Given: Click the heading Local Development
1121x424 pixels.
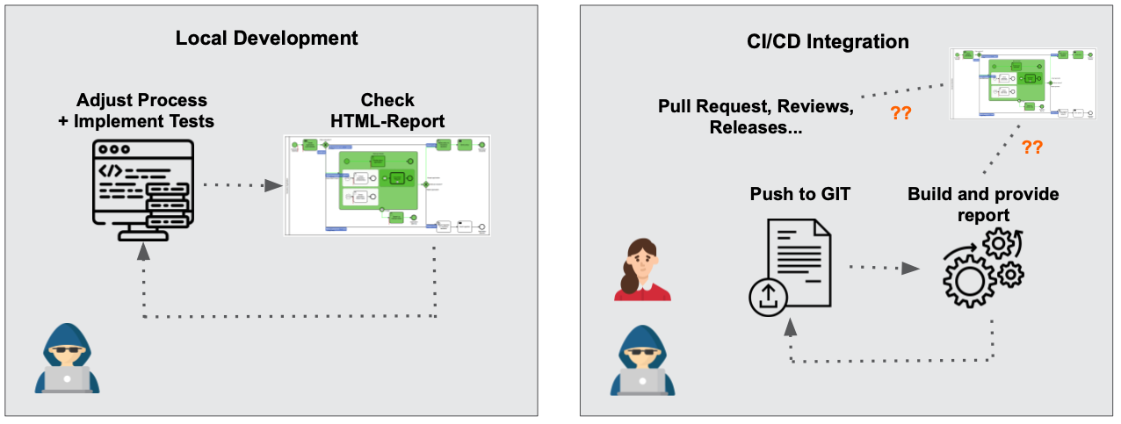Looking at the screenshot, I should (x=266, y=39).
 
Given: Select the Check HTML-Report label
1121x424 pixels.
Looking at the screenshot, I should (x=387, y=111).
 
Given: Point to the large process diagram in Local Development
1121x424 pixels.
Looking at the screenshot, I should (x=387, y=185).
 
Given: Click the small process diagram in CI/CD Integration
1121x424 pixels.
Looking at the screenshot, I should (x=1024, y=83).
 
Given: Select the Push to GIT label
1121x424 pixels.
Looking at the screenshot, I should (x=799, y=194).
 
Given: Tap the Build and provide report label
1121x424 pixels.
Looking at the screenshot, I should (x=983, y=204).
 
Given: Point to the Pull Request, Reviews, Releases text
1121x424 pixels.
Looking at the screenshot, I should (x=756, y=117).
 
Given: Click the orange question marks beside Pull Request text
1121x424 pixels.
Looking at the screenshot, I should (x=900, y=113).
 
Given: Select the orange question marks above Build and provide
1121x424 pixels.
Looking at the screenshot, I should (x=1031, y=147).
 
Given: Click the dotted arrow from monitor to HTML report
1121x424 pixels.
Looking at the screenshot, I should (x=235, y=185).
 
